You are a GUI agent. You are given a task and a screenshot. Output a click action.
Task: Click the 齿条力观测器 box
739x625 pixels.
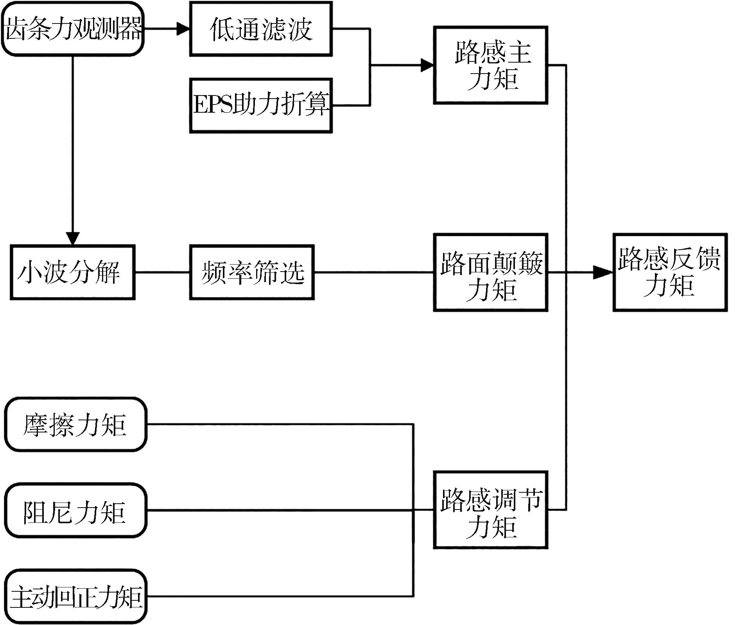(x=73, y=29)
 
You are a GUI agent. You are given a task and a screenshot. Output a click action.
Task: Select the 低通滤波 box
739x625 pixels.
(x=261, y=29)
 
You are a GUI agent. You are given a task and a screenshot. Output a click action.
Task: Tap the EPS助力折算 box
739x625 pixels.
(x=261, y=105)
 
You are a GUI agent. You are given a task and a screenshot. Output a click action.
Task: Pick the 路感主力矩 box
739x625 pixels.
(x=490, y=65)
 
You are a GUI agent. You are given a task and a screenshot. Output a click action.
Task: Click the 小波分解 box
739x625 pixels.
(x=73, y=272)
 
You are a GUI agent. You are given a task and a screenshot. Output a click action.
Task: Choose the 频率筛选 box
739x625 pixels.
(x=252, y=272)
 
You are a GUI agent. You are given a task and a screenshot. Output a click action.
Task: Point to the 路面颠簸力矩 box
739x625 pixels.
(x=490, y=272)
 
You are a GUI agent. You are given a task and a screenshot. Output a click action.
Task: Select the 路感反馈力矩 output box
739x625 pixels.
(x=670, y=272)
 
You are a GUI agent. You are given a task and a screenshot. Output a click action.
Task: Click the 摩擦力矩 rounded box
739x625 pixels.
(x=75, y=424)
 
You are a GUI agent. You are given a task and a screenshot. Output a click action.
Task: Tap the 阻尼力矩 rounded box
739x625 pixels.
(x=75, y=510)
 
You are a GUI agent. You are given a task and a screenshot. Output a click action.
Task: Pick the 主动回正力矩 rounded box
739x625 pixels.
(x=75, y=596)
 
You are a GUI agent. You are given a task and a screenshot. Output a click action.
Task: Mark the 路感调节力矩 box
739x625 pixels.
(x=490, y=510)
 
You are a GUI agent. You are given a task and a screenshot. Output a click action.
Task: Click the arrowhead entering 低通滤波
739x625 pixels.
(x=183, y=29)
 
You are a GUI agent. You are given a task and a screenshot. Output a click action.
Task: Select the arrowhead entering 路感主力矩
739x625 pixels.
(x=427, y=65)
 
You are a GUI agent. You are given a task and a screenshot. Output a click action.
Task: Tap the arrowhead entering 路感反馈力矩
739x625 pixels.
(x=603, y=272)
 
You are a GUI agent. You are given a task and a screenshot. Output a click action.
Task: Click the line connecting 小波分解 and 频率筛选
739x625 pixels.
(x=162, y=272)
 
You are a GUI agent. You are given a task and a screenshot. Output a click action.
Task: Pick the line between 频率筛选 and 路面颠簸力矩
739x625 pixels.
(x=373, y=272)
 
